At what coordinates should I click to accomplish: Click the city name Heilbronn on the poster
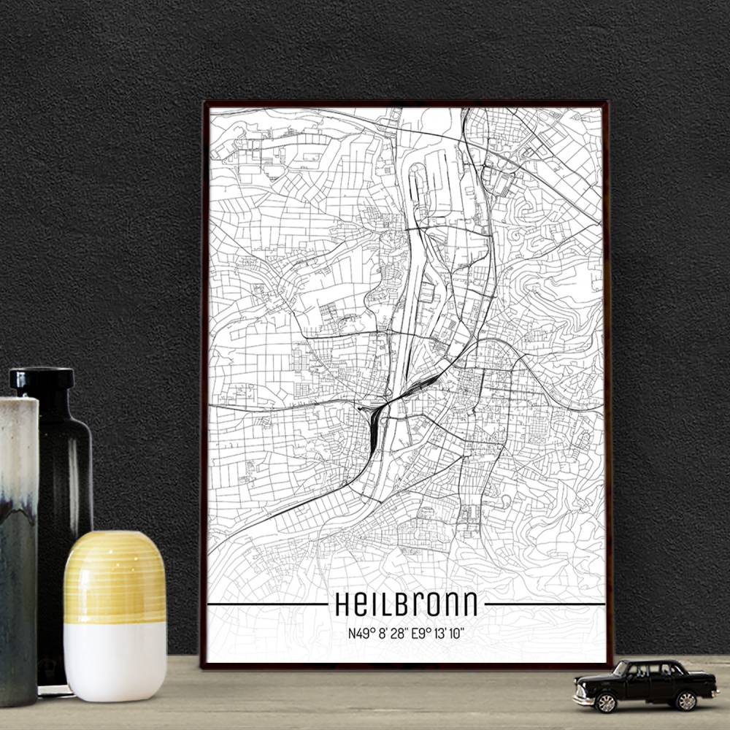pyautogui.click(x=406, y=604)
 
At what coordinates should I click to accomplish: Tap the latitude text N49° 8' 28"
pyautogui.click(x=379, y=634)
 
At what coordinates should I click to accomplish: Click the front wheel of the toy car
pyautogui.click(x=605, y=702)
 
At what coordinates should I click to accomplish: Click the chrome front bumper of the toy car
pyautogui.click(x=585, y=699)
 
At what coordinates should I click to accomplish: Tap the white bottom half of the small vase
pyautogui.click(x=115, y=661)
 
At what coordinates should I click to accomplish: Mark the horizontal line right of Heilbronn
pyautogui.click(x=545, y=604)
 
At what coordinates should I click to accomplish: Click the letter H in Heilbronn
pyautogui.click(x=342, y=604)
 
